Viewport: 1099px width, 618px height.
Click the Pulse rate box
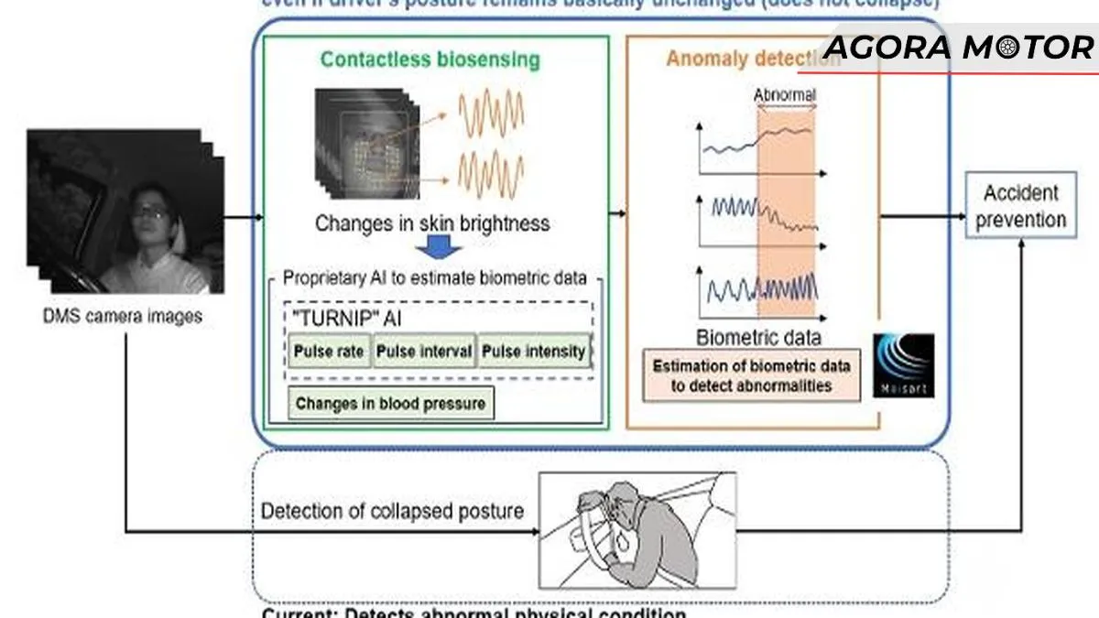(329, 352)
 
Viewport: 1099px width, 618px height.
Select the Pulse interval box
(424, 352)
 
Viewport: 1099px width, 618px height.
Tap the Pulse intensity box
(534, 352)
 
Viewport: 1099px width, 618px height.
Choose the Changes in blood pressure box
(391, 404)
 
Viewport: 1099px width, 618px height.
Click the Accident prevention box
(1020, 206)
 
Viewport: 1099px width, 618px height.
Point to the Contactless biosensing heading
(430, 60)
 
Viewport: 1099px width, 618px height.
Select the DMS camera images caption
(122, 317)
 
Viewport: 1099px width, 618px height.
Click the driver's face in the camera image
(151, 215)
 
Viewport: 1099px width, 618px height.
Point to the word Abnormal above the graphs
(785, 94)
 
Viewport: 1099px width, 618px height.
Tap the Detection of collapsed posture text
(392, 511)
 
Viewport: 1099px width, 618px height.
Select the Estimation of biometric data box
(751, 375)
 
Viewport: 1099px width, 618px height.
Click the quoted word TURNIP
(325, 320)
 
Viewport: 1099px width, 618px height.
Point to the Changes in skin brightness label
(432, 222)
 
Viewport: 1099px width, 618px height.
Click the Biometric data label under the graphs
(758, 336)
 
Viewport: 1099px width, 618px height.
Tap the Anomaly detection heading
(751, 60)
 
